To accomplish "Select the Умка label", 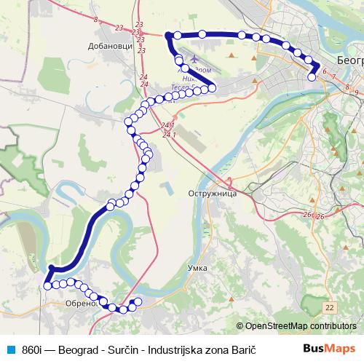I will click(x=197, y=268).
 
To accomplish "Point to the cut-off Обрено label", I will click(x=81, y=304).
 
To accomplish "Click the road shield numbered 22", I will click(x=331, y=308).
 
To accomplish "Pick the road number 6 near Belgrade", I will click(x=323, y=72).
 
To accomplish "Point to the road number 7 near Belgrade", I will click(x=333, y=76).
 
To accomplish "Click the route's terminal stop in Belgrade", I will click(x=312, y=87).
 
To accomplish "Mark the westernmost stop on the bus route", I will click(x=47, y=286).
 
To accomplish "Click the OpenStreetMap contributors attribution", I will click(x=301, y=326).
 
